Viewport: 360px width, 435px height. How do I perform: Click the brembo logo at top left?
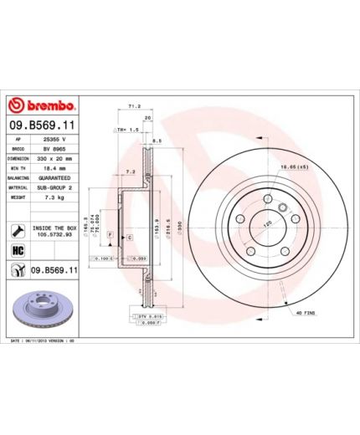pyautogui.click(x=42, y=106)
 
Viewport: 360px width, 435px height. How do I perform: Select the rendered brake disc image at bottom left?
pyautogui.click(x=42, y=306)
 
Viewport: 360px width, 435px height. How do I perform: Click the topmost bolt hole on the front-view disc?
pyautogui.click(x=267, y=199)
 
